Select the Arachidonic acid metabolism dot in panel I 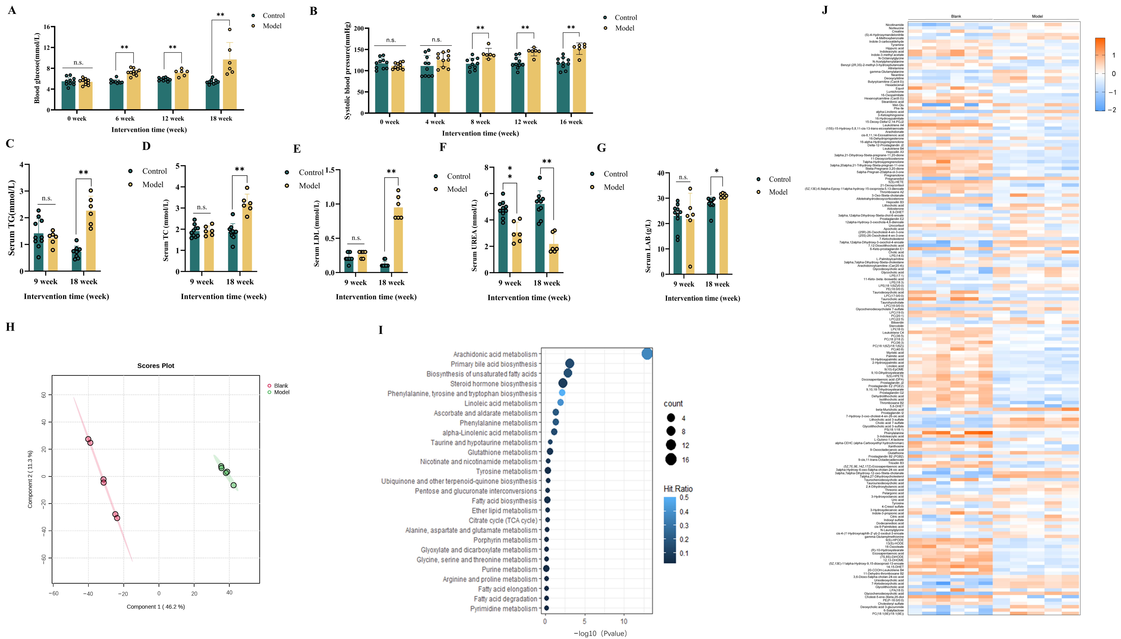[x=646, y=354]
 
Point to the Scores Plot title [x=156, y=366]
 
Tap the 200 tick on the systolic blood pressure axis [x=359, y=29]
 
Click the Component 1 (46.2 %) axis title [x=156, y=606]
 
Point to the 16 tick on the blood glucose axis [x=46, y=27]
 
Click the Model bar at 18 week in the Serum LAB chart [x=723, y=235]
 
